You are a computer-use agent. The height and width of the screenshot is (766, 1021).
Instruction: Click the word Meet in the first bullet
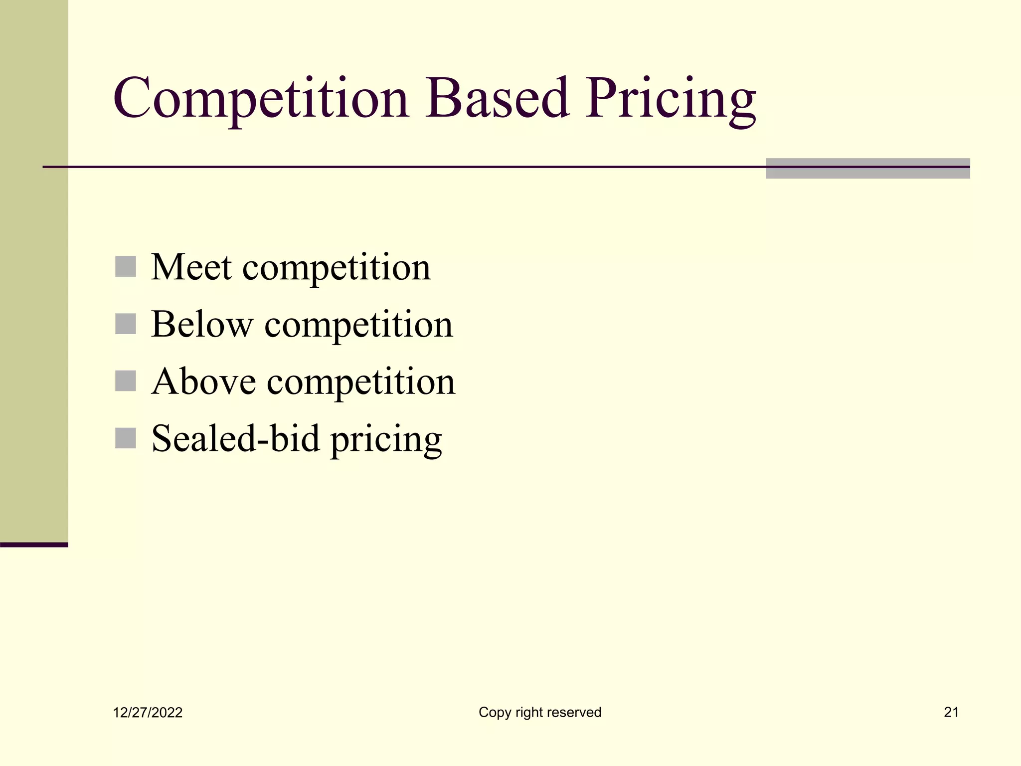[x=191, y=267]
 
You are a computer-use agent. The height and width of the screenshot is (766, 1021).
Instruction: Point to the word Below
[x=202, y=325]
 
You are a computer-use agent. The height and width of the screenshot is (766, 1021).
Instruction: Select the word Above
[x=203, y=382]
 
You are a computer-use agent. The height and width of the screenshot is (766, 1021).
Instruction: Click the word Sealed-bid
[x=235, y=439]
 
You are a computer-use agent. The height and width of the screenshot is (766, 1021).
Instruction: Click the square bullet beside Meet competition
[x=126, y=267]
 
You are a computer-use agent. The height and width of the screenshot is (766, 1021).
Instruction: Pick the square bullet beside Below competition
[x=126, y=324]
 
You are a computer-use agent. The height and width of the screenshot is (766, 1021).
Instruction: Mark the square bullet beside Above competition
[x=126, y=381]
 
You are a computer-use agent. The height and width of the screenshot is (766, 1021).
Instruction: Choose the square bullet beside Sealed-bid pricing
[x=126, y=438]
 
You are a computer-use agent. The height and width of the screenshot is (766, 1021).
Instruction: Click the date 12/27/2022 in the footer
[x=148, y=713]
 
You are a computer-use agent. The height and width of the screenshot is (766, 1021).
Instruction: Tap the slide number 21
[x=951, y=712]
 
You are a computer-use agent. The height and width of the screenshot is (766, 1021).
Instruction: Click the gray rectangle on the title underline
[x=867, y=169]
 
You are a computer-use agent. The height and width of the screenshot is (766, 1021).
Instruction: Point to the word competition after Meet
[x=337, y=268]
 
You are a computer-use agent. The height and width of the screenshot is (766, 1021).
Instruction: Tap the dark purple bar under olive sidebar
[x=34, y=545]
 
